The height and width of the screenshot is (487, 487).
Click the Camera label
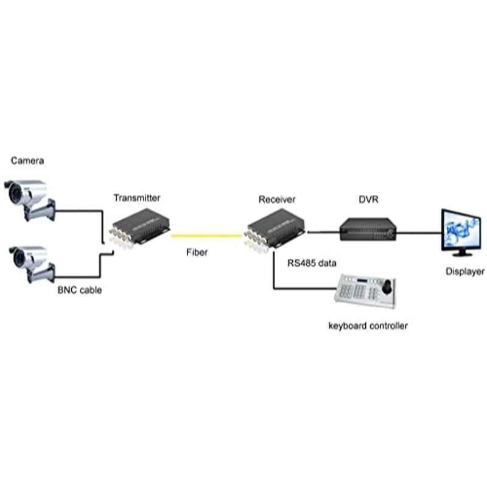click(x=27, y=161)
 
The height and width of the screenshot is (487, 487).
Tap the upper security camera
click(x=30, y=200)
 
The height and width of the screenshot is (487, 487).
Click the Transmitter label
click(x=137, y=198)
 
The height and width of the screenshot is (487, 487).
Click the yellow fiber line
click(x=207, y=236)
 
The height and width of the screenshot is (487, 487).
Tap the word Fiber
click(x=197, y=252)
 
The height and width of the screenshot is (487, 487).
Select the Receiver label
click(x=277, y=200)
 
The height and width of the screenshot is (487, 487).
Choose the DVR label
click(x=369, y=200)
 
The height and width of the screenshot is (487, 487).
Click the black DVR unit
click(x=368, y=229)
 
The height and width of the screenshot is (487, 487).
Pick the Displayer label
click(x=465, y=272)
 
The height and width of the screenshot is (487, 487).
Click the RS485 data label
click(x=312, y=263)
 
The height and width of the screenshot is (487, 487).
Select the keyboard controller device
click(x=365, y=291)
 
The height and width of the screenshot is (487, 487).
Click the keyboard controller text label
click(x=368, y=326)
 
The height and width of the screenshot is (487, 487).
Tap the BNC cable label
click(x=80, y=290)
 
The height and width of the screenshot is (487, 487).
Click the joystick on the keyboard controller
click(x=387, y=287)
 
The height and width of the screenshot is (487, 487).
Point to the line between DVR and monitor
click(x=419, y=233)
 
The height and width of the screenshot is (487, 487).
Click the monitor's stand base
click(x=463, y=254)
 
